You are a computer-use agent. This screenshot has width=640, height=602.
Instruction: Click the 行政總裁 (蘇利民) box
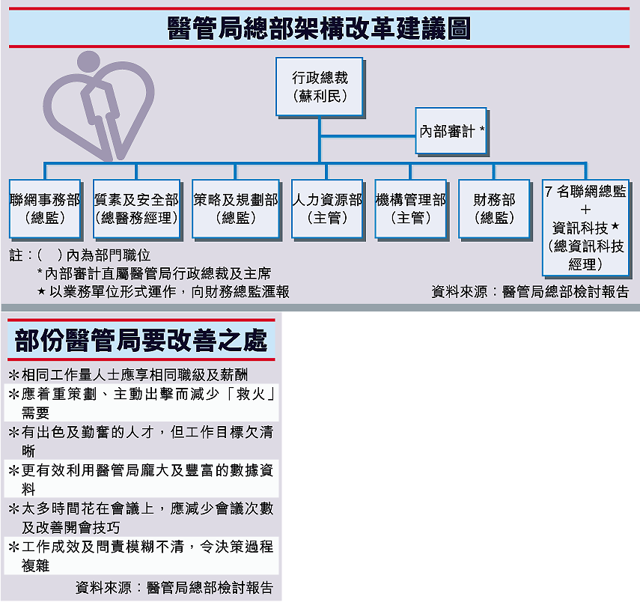[320, 87]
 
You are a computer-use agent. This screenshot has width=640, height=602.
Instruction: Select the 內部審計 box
[451, 132]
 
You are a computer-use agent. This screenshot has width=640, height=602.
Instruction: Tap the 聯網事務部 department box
[46, 209]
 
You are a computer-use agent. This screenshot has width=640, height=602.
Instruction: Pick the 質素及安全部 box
[137, 209]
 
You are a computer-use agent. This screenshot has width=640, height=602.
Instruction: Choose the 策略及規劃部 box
[236, 209]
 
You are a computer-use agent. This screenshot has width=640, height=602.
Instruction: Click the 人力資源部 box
[327, 209]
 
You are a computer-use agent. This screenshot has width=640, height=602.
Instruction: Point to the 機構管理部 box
[411, 209]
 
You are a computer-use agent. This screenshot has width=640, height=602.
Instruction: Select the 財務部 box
[494, 209]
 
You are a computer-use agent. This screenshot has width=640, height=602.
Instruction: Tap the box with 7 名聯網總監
[585, 228]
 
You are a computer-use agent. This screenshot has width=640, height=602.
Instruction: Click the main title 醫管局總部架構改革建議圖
[319, 28]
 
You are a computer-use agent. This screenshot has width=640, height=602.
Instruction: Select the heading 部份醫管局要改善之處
[141, 340]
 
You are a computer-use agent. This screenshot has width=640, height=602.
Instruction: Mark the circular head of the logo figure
[88, 62]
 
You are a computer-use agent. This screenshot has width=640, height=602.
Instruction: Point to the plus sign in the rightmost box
[585, 210]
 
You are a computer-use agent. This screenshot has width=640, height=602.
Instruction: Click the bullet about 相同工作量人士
[128, 374]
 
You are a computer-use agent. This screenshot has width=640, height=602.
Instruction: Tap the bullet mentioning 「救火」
[141, 403]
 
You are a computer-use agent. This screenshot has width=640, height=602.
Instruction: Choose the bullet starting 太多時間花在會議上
[141, 518]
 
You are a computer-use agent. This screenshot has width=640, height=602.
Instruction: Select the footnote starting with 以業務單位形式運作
[163, 291]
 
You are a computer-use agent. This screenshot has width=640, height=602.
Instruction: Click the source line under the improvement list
[174, 588]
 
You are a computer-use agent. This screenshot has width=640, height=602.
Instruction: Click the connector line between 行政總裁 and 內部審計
[368, 136]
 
